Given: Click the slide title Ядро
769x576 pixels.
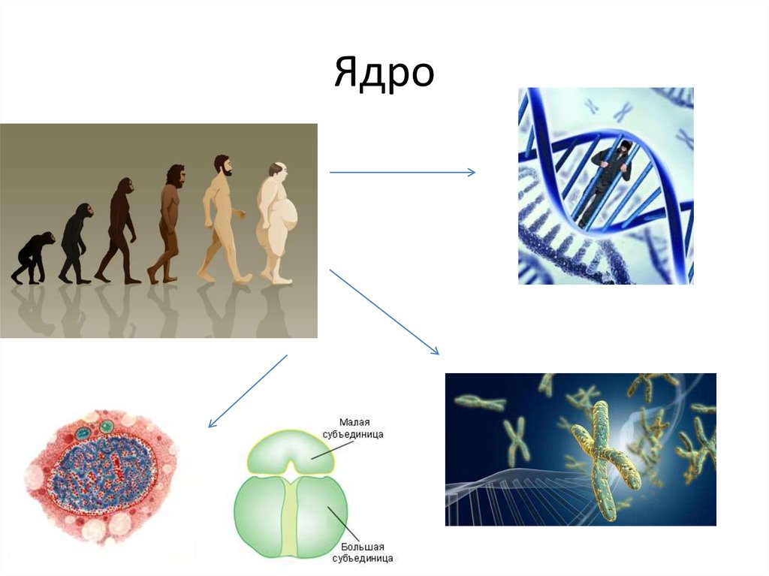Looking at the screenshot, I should tap(384, 73).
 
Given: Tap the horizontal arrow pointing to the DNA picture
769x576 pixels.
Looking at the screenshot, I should tap(402, 173).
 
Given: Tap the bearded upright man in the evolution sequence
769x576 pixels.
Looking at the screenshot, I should tap(222, 218).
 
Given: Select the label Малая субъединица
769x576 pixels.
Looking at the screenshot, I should tap(358, 428).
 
